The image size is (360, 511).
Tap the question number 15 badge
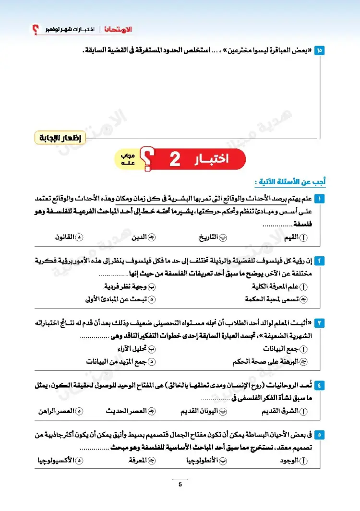tap(320, 50)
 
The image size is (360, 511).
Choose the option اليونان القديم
tap(202, 411)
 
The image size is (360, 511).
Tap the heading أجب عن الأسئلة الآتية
tap(290, 182)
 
